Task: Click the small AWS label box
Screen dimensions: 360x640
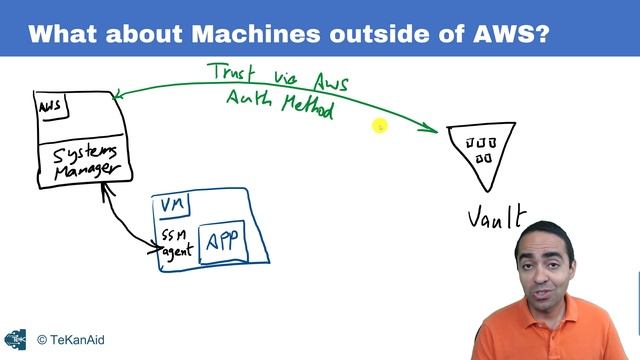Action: [x=53, y=104]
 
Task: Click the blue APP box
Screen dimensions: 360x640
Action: [x=226, y=242]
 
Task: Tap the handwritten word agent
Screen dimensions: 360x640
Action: [x=176, y=249]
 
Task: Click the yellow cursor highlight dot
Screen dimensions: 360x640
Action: [x=380, y=126]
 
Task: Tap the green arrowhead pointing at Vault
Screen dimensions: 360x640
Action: [x=432, y=129]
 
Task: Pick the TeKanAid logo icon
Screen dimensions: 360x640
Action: [x=15, y=340]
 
